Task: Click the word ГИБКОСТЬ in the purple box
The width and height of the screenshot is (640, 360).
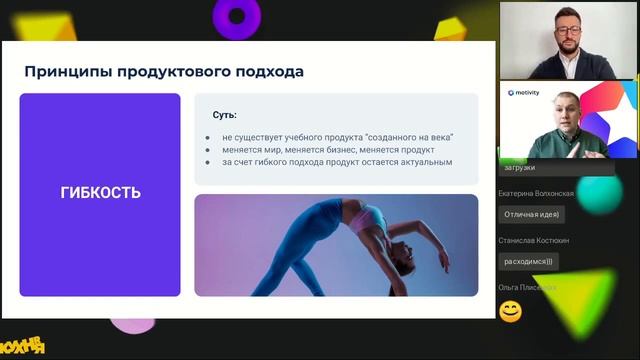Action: (x=100, y=193)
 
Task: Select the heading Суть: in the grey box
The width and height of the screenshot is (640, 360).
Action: (x=224, y=115)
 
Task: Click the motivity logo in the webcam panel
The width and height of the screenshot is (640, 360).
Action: (x=525, y=92)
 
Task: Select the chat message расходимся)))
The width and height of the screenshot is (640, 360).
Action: (x=529, y=261)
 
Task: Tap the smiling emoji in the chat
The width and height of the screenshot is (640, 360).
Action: (x=510, y=311)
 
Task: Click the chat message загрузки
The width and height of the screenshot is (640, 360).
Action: (x=521, y=168)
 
